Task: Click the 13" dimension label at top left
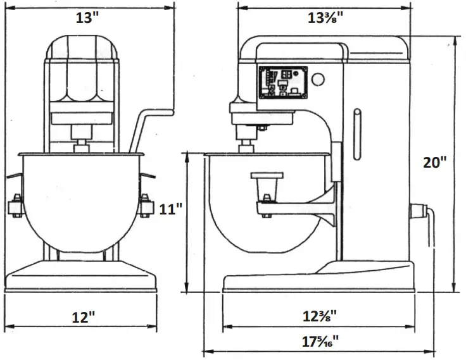tap(88, 18)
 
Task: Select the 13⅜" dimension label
tap(325, 18)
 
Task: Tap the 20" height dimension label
tap(435, 163)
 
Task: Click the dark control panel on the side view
tap(282, 83)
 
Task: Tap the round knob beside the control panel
tap(318, 80)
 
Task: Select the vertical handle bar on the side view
tap(357, 136)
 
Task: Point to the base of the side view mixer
tap(317, 282)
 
